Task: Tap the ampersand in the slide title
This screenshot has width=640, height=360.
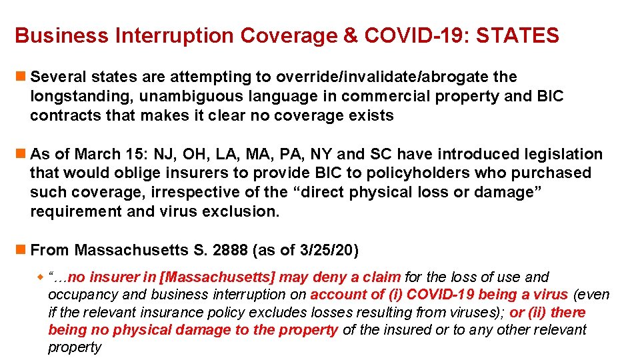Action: (351, 36)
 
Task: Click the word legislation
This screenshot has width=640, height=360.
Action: (566, 155)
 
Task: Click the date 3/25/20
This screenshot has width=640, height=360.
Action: (327, 251)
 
